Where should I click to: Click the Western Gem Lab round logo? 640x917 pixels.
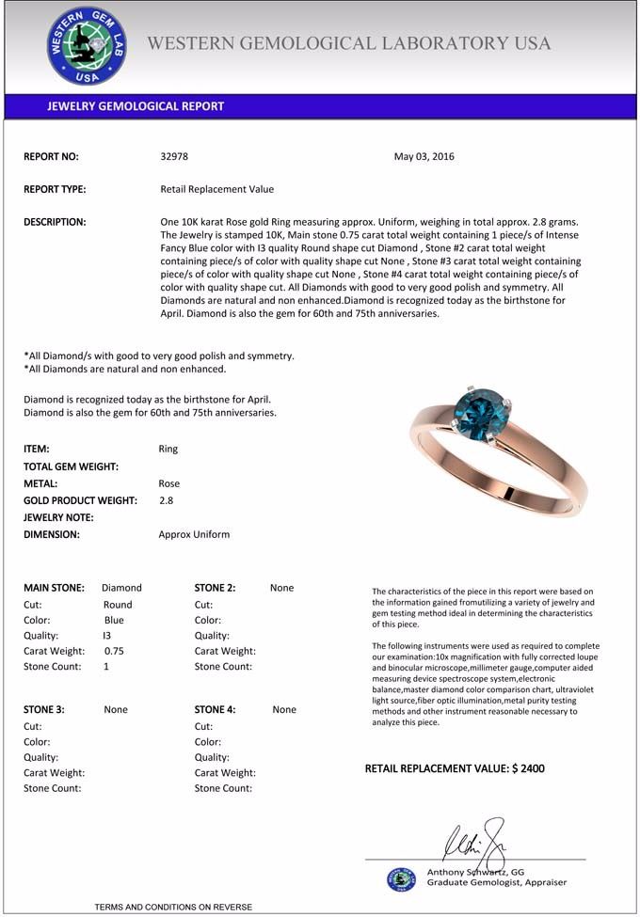pyautogui.click(x=87, y=45)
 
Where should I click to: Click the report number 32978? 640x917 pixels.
pyautogui.click(x=174, y=157)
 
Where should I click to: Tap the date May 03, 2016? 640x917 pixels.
pyautogui.click(x=424, y=157)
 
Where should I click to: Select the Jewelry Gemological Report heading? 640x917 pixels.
pyautogui.click(x=136, y=106)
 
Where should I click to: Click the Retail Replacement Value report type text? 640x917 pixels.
pyautogui.click(x=217, y=189)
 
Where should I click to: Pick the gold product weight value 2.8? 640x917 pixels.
pyautogui.click(x=167, y=500)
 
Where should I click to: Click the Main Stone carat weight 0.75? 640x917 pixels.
pyautogui.click(x=114, y=651)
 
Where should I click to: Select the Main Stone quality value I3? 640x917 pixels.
pyautogui.click(x=106, y=635)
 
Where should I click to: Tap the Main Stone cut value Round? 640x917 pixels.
pyautogui.click(x=118, y=605)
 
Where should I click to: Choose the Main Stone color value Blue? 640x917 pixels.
pyautogui.click(x=114, y=620)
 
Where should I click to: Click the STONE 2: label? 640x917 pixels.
pyautogui.click(x=216, y=588)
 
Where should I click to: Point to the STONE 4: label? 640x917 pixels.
pyautogui.click(x=216, y=710)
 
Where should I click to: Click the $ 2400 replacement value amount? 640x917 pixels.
pyautogui.click(x=528, y=769)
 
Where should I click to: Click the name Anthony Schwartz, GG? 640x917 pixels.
pyautogui.click(x=475, y=872)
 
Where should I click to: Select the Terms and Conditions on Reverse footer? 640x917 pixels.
pyautogui.click(x=173, y=907)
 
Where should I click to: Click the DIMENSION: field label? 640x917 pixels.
pyautogui.click(x=52, y=534)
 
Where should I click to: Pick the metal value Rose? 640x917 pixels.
pyautogui.click(x=169, y=483)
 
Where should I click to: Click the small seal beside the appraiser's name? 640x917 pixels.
pyautogui.click(x=401, y=878)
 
